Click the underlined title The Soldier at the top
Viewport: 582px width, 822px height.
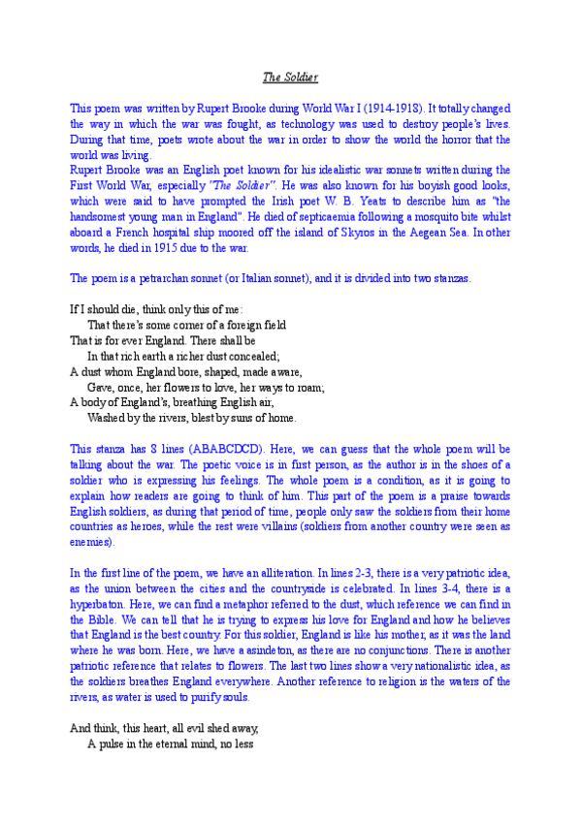pos(291,76)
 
